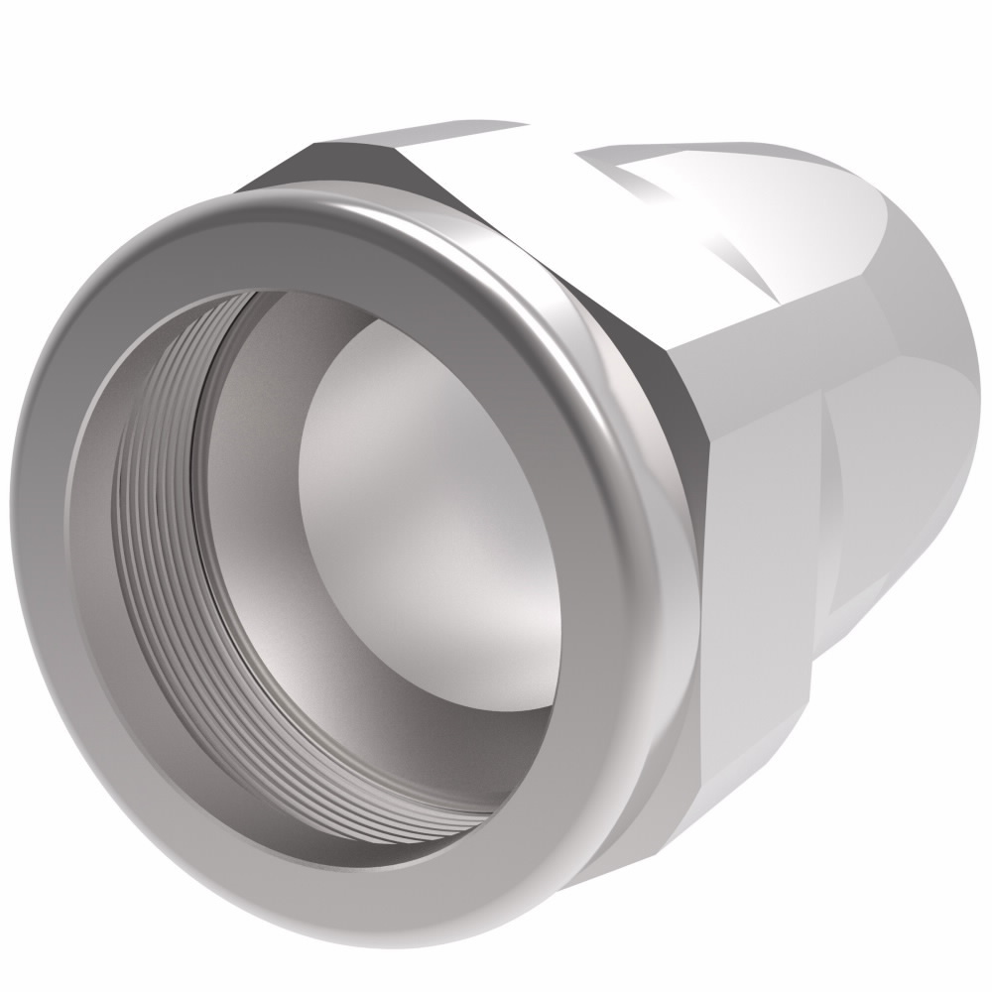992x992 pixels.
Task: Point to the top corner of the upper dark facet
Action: pyautogui.click(x=312, y=149)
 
